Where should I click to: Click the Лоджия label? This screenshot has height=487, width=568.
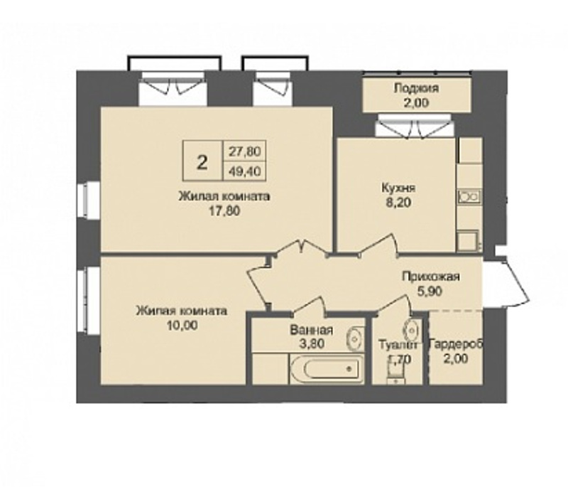click(416, 88)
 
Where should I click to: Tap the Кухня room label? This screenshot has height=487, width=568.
click(398, 188)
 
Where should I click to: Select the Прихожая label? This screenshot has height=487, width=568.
click(431, 277)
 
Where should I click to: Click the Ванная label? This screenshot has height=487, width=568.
click(312, 330)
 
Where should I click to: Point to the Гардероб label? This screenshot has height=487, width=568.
click(456, 344)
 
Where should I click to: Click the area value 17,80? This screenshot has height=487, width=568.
click(224, 210)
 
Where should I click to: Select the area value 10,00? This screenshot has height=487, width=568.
click(182, 326)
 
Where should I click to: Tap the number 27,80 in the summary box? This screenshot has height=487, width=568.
click(245, 151)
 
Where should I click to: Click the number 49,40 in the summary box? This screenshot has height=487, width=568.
click(245, 171)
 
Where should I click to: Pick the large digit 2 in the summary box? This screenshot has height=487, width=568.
click(202, 162)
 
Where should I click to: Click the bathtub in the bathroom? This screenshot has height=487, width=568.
click(326, 369)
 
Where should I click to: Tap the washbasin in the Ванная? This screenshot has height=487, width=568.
click(354, 338)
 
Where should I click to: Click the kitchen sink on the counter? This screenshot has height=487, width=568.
click(469, 196)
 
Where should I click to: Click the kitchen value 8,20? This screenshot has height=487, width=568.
click(398, 203)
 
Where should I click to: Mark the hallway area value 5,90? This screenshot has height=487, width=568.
click(430, 291)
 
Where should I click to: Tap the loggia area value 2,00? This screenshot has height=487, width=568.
click(416, 102)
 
